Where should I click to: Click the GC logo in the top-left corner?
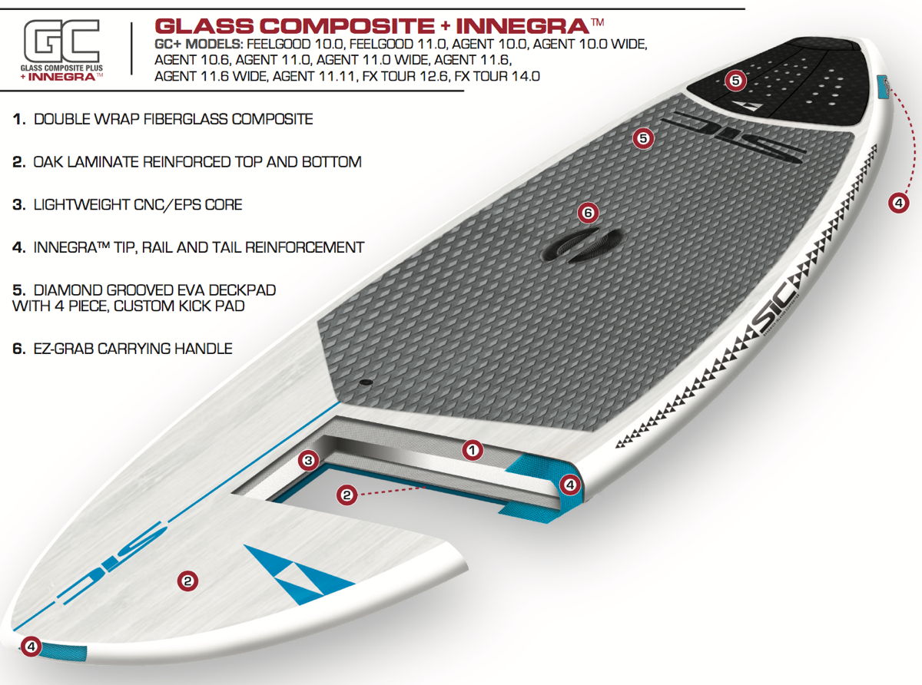pos(61,51)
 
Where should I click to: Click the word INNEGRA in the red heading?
pos(522,26)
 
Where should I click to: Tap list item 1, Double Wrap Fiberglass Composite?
pos(163,119)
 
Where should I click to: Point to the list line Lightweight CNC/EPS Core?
pos(128,204)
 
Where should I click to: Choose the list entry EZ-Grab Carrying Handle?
pos(122,349)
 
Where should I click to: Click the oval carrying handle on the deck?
pos(582,245)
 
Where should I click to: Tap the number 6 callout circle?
pos(588,213)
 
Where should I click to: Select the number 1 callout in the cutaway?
pos(473,450)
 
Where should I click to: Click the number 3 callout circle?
pos(308,461)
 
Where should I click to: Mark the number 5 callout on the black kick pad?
pos(735,80)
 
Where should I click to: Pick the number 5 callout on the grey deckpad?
pos(643,138)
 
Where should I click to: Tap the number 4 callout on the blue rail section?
pos(569,485)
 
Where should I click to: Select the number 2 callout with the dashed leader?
pos(347,495)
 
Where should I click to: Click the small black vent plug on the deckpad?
pos(366,382)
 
